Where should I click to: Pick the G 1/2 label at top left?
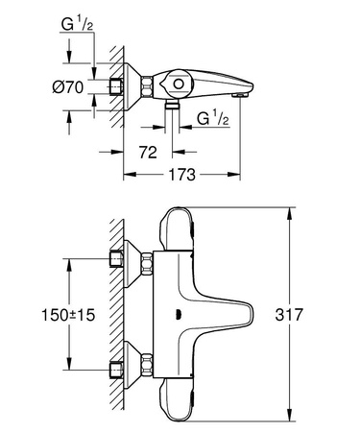pyautogui.click(x=76, y=20)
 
